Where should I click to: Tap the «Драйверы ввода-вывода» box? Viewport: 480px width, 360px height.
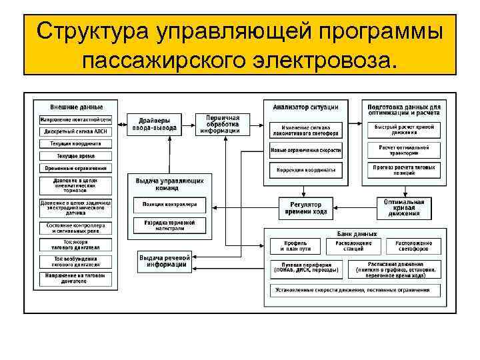pos(154,123)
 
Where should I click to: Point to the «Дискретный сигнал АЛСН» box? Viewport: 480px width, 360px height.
pos(75,131)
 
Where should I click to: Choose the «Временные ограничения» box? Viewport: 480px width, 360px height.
pos(75,168)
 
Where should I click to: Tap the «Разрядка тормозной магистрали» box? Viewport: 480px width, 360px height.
pos(169,224)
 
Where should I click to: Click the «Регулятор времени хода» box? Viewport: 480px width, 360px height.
pos(305,207)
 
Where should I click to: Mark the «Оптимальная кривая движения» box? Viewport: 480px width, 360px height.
pos(404,207)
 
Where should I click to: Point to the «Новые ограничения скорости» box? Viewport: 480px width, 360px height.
pos(305,150)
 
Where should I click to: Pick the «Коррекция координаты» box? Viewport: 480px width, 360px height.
pos(305,170)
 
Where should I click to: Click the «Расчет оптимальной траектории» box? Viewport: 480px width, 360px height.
pos(404,148)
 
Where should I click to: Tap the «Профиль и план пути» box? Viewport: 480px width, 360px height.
pos(295,246)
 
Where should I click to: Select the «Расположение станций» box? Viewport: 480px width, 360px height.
pos(353,246)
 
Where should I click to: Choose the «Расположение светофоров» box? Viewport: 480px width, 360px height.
pos(413,246)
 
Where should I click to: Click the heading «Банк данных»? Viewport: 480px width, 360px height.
pos(353,234)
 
